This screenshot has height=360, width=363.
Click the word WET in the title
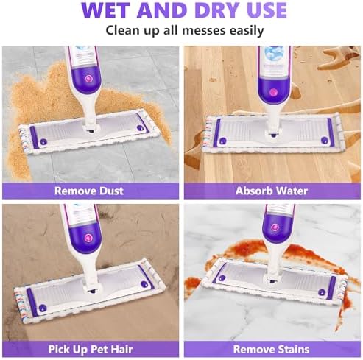coord(107,10)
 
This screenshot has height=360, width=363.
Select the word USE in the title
coord(267,10)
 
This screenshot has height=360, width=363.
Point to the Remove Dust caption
coord(89,191)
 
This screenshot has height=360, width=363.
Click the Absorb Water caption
coord(272,191)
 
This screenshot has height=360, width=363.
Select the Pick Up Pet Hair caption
coord(91,349)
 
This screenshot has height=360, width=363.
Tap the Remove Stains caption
coord(271,349)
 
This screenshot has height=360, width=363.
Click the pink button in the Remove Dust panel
coord(88,79)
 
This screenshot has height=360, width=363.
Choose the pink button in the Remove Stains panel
coord(274,227)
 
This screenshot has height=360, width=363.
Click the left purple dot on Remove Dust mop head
coord(43,142)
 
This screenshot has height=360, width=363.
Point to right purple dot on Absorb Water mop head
coord(325,141)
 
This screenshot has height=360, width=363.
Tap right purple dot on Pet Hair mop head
coord(144,284)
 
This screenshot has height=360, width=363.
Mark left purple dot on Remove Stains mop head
coord(222,278)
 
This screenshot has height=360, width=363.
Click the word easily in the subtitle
coord(247,31)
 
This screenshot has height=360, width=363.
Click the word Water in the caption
coord(292,191)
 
